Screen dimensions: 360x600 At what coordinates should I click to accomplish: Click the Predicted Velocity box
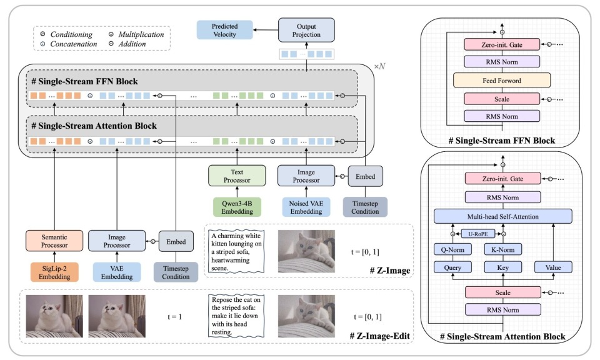pyautogui.click(x=225, y=30)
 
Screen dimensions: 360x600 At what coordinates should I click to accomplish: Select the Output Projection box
pyautogui.click(x=306, y=30)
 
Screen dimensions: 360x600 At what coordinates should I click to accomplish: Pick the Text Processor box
pyautogui.click(x=237, y=177)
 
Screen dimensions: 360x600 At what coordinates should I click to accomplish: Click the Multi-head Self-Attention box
pyautogui.click(x=503, y=216)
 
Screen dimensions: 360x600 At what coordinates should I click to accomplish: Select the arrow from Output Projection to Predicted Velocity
pyautogui.click(x=264, y=30)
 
